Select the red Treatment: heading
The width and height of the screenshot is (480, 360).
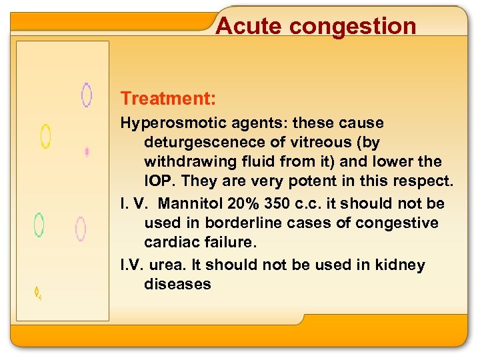tap(168, 99)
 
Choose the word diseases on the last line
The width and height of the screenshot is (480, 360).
tap(177, 284)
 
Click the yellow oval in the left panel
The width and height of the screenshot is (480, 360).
tap(45, 136)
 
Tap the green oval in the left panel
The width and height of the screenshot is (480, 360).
tap(39, 225)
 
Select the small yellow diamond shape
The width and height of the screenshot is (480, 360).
tap(38, 292)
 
